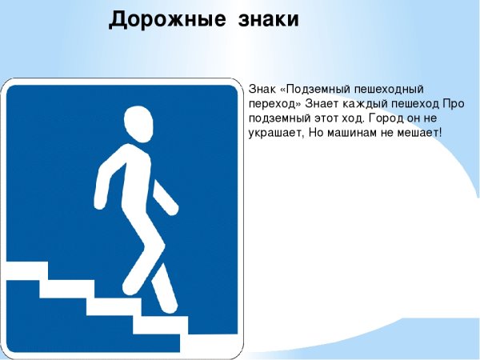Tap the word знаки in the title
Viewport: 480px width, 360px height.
point(268,19)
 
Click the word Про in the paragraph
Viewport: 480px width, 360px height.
point(454,102)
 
